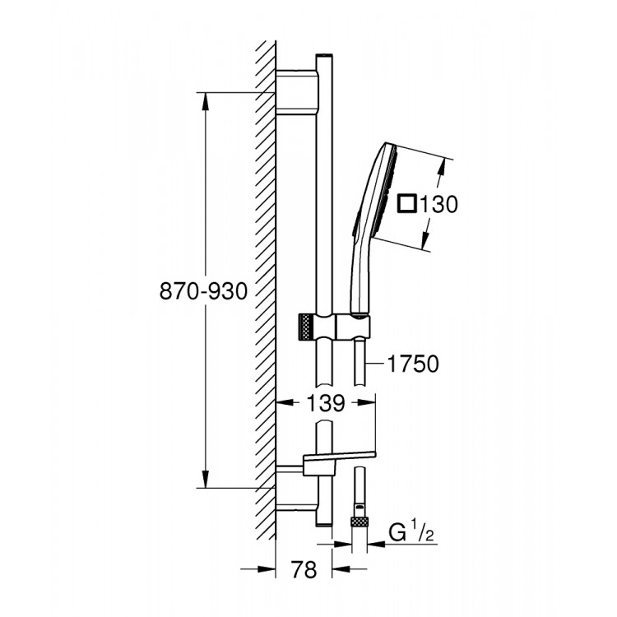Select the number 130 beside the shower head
[438, 204]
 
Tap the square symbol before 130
[407, 204]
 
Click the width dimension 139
[325, 403]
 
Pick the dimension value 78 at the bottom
[304, 570]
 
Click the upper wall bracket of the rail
[296, 92]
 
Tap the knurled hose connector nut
[359, 522]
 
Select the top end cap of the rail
[323, 58]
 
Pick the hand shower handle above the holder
[359, 276]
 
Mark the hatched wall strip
[265, 288]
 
